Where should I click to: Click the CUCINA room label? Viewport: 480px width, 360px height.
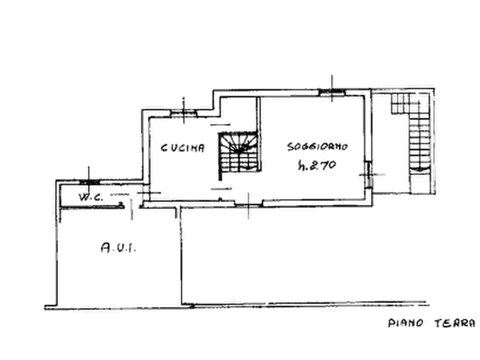pos(183,148)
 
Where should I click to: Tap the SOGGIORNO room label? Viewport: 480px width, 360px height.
pos(318,147)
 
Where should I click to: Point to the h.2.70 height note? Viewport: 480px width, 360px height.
pos(317,165)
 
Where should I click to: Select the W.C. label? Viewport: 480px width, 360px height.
pos(91,197)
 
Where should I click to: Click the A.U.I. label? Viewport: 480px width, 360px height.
pos(118,247)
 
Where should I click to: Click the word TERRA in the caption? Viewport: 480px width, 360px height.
pos(455,323)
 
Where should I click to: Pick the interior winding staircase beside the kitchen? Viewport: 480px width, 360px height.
pos(239,152)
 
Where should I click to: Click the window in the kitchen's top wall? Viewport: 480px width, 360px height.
pos(183,113)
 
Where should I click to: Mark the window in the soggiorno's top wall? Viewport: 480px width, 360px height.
pos(332,92)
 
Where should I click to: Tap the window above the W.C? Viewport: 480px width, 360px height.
pos(89,182)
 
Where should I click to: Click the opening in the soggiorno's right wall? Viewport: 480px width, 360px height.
pos(369,174)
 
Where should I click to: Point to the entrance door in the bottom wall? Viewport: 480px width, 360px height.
pos(248,204)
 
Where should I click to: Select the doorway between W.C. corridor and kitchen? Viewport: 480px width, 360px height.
pos(146,192)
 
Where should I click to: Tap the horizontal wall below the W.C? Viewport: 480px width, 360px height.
pos(92,207)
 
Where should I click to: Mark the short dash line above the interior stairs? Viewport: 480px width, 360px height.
pos(220,125)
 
